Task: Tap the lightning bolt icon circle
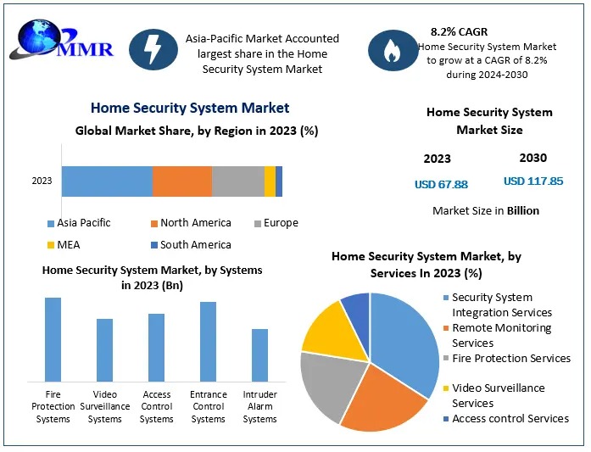click(x=154, y=51)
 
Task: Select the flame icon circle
click(x=393, y=51)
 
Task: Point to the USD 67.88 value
click(x=441, y=184)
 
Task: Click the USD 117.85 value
click(x=533, y=181)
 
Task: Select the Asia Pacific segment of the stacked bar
click(x=107, y=181)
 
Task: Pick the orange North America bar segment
click(x=181, y=181)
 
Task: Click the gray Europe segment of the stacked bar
click(x=237, y=181)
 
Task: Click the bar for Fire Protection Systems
click(x=53, y=338)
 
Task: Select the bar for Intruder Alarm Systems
click(x=259, y=354)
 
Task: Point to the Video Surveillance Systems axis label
click(x=104, y=407)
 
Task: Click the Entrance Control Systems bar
click(x=208, y=341)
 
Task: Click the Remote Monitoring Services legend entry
click(x=500, y=336)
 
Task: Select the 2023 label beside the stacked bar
click(x=42, y=181)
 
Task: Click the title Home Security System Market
click(x=189, y=109)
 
